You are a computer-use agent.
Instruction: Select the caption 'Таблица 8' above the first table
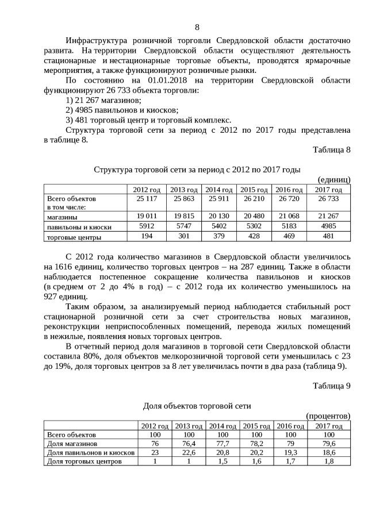coord(331,150)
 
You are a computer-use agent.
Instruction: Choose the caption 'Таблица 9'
coord(331,386)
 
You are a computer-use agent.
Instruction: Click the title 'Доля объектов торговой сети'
coord(197,406)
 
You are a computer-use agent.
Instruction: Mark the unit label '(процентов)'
coord(328,415)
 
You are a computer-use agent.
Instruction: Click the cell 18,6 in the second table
coord(328,452)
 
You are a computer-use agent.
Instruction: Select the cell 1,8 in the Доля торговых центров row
coord(328,461)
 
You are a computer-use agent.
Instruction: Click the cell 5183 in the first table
coord(289,226)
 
